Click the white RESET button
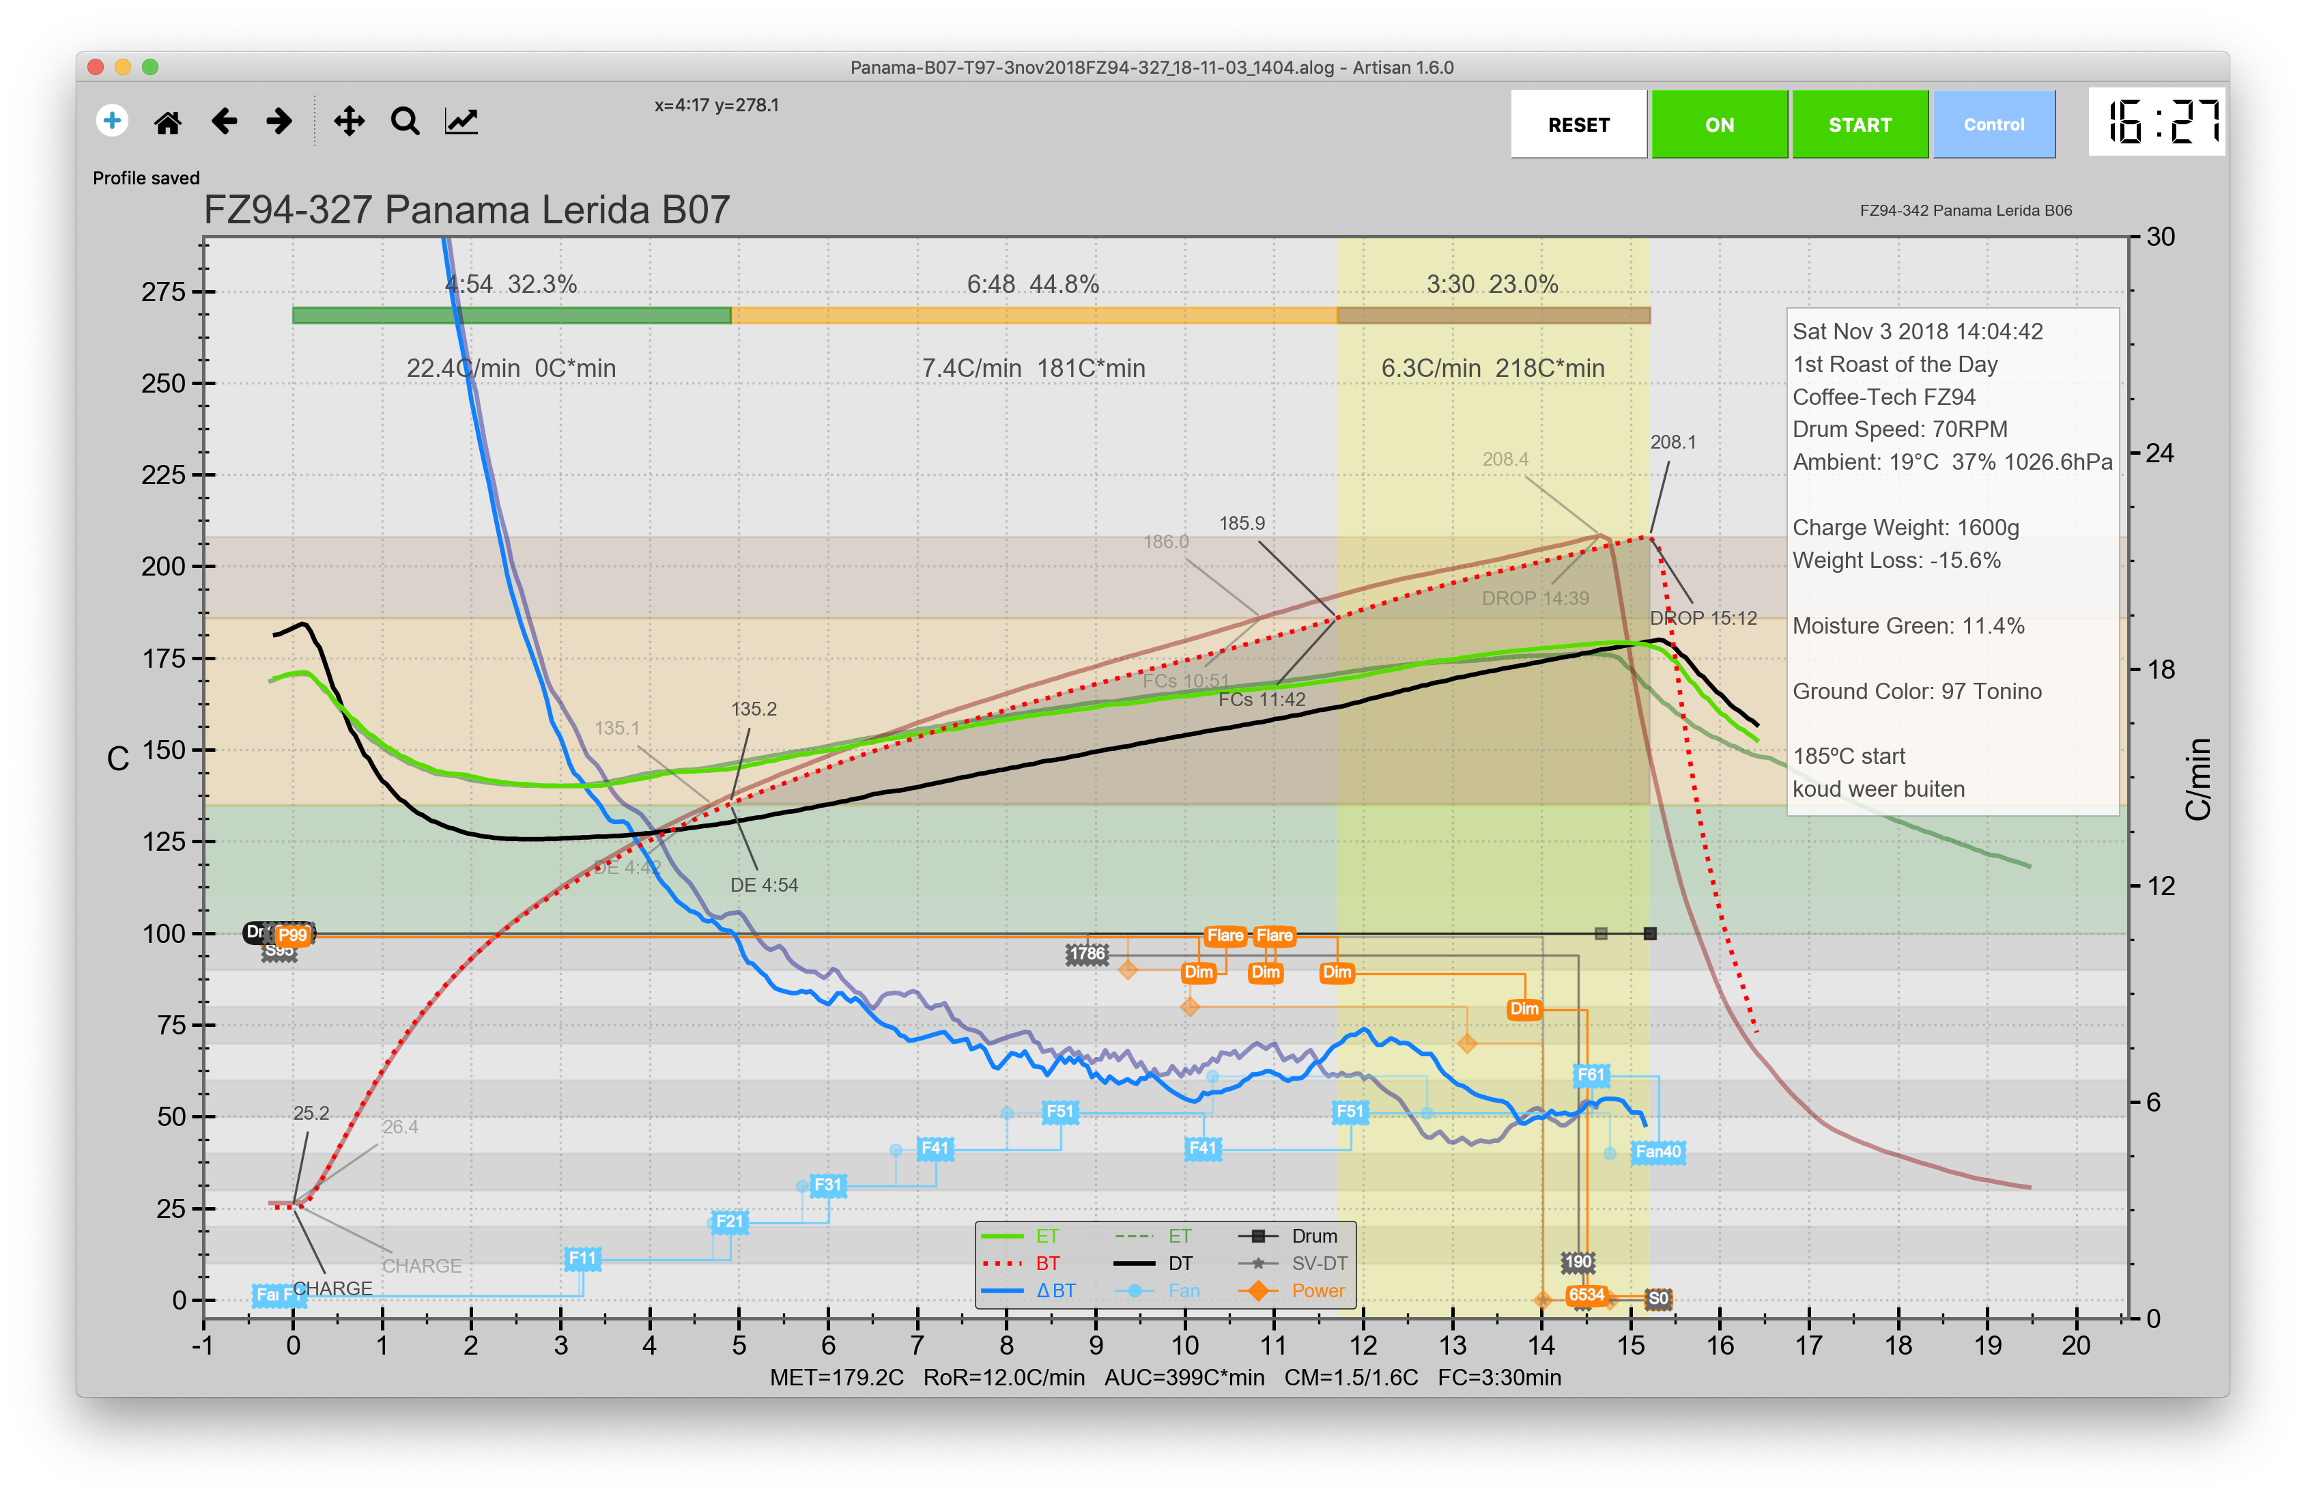point(1578,124)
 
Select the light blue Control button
point(1993,124)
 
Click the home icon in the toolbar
point(168,122)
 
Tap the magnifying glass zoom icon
point(405,122)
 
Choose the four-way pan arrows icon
point(349,122)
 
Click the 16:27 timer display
point(2156,122)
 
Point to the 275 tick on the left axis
point(164,292)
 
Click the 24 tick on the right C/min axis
point(2161,453)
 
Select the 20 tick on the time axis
point(2075,1345)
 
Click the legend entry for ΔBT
point(1055,1290)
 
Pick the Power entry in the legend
point(1318,1290)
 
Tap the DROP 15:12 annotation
point(1703,618)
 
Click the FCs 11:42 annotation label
point(1262,700)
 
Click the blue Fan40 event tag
point(1657,1151)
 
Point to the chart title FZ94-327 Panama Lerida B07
point(466,210)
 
